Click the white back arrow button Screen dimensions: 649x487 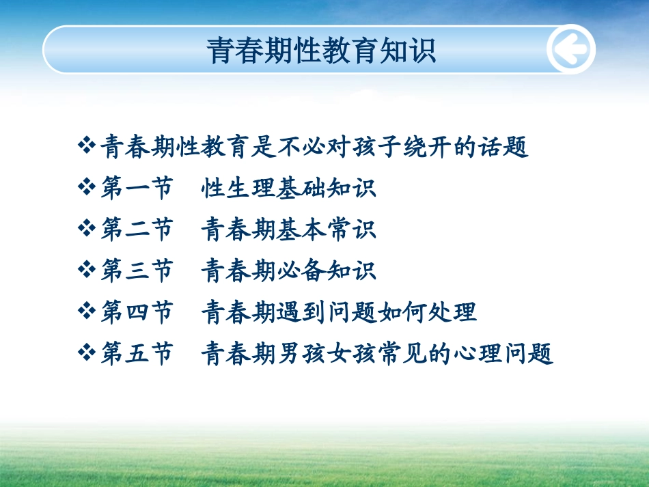[571, 49]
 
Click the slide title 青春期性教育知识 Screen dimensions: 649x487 [321, 51]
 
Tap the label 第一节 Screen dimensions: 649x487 [137, 188]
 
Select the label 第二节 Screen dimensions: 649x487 [137, 229]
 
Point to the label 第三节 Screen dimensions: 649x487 [137, 270]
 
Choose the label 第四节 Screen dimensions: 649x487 [137, 311]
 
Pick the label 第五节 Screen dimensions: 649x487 [137, 353]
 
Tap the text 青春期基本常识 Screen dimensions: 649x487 [288, 229]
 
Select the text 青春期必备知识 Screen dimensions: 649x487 [288, 270]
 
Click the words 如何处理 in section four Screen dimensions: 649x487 [427, 312]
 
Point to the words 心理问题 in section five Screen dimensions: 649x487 [503, 353]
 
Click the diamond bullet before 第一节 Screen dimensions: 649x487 [87, 186]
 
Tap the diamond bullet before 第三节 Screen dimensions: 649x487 [87, 269]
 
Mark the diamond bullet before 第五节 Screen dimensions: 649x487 [87, 352]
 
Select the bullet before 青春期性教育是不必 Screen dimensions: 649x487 [87, 145]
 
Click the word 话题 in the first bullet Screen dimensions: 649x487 [503, 147]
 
